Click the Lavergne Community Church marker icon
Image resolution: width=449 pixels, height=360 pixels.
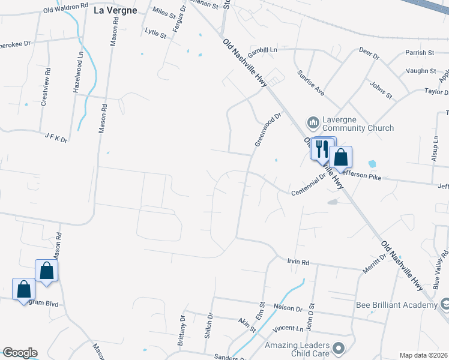coord(313,123)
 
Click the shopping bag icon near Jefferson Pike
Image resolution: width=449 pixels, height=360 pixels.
coord(340,157)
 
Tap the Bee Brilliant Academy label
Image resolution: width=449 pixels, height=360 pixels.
coord(396,305)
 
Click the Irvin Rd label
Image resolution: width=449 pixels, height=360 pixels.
coord(297,262)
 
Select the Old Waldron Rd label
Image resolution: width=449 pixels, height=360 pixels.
coord(65,8)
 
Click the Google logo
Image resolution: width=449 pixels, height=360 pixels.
coord(19,353)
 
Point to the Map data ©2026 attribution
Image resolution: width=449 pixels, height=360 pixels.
coord(423,355)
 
